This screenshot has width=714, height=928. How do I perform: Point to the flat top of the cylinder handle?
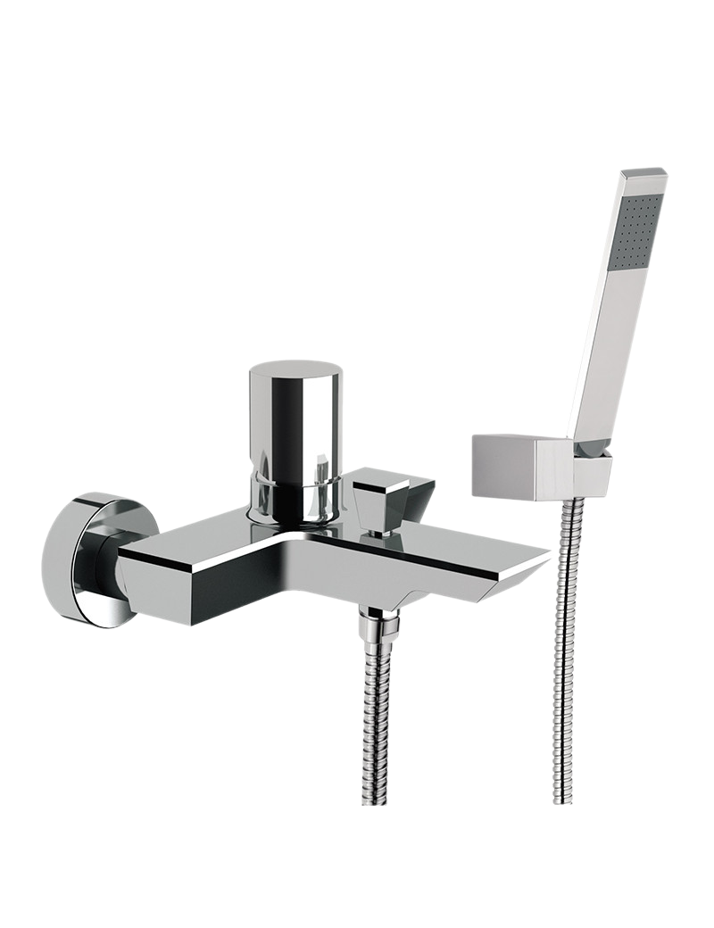(295, 369)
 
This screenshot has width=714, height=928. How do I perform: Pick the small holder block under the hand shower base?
(591, 472)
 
